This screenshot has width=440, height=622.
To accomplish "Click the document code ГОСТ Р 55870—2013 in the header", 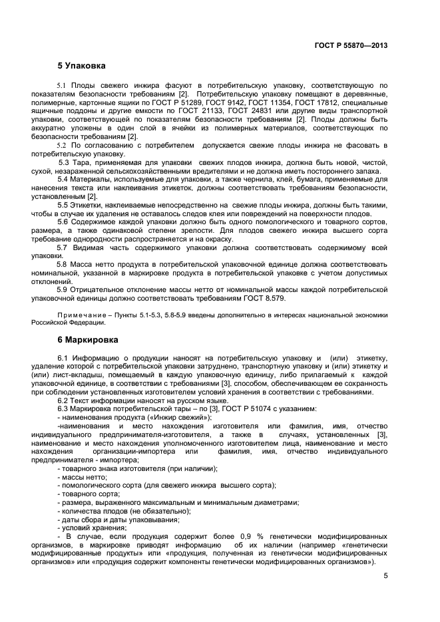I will tap(351, 45).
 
